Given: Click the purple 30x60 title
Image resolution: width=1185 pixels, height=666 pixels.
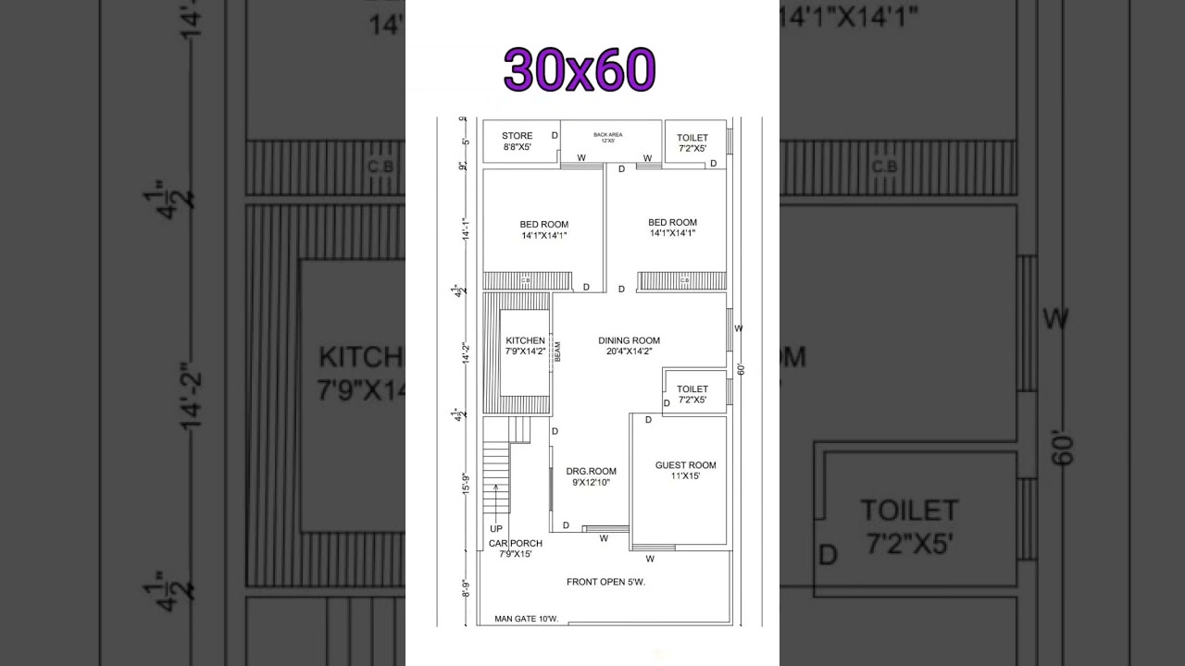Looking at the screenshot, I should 580,70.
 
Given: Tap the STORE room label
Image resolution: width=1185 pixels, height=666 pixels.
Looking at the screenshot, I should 518,137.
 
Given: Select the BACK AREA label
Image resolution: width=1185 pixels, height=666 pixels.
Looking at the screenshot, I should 608,135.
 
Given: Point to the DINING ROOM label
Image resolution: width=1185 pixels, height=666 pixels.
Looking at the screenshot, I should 629,340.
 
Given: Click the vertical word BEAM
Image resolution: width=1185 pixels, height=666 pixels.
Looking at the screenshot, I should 557,351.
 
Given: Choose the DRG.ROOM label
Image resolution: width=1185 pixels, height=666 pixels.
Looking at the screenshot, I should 591,472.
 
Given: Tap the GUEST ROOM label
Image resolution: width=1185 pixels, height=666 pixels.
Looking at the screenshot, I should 685,465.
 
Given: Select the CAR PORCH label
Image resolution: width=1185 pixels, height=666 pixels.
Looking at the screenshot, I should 516,543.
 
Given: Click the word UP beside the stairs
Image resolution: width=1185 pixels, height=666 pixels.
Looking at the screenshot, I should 496,529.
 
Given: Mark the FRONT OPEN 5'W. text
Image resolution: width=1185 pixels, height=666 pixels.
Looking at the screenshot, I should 605,582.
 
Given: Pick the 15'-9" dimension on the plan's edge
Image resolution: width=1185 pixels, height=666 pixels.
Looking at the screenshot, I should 466,484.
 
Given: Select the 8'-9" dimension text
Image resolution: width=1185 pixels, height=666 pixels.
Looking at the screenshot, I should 466,588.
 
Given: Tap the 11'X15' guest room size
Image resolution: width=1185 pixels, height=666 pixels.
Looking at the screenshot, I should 685,476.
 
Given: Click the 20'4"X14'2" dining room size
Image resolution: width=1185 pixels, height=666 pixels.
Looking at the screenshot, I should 629,351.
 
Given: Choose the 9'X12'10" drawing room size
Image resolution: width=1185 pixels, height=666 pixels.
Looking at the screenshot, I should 591,483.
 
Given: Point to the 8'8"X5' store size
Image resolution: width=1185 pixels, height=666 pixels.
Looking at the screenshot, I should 518,147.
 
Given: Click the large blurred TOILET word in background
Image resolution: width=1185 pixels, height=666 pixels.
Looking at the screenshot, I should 909,511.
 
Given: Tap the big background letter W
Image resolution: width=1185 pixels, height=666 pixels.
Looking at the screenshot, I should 1055,319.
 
